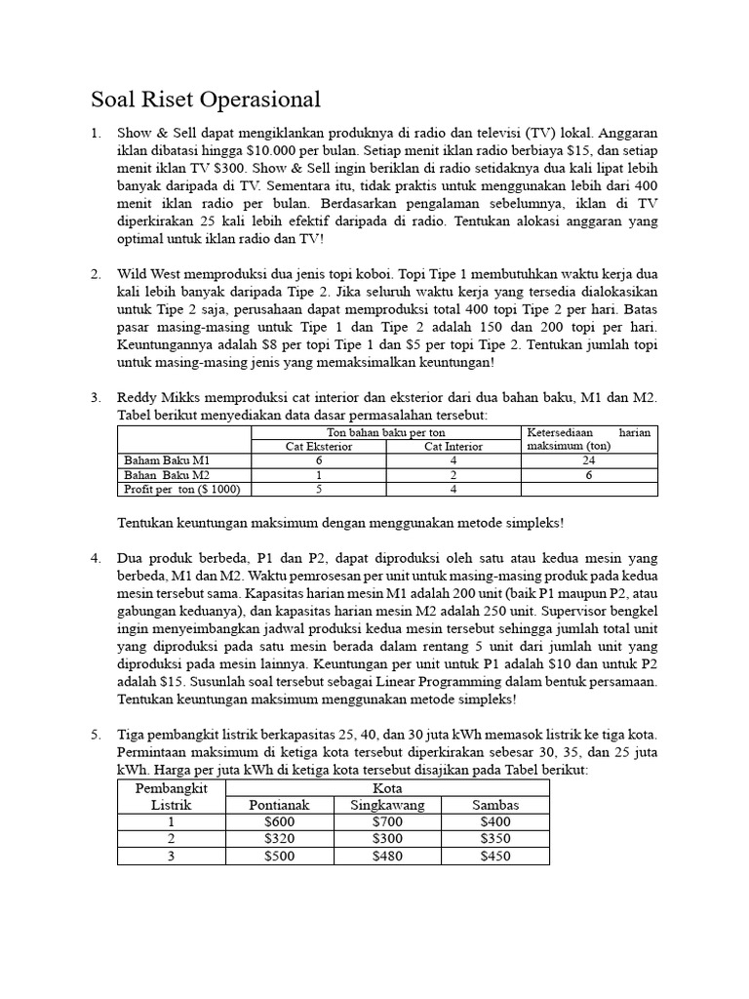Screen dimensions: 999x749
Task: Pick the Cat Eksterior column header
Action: (319, 446)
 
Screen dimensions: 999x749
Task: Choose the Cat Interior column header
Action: (453, 446)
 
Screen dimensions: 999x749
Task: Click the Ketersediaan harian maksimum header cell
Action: (589, 438)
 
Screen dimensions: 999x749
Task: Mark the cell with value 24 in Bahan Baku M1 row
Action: (589, 460)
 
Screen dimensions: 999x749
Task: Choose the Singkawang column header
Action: (386, 804)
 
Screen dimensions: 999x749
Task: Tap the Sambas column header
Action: (495, 804)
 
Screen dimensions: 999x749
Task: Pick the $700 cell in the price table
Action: (386, 821)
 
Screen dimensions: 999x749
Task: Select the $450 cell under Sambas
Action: (495, 856)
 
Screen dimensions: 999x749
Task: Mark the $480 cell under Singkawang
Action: (386, 856)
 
